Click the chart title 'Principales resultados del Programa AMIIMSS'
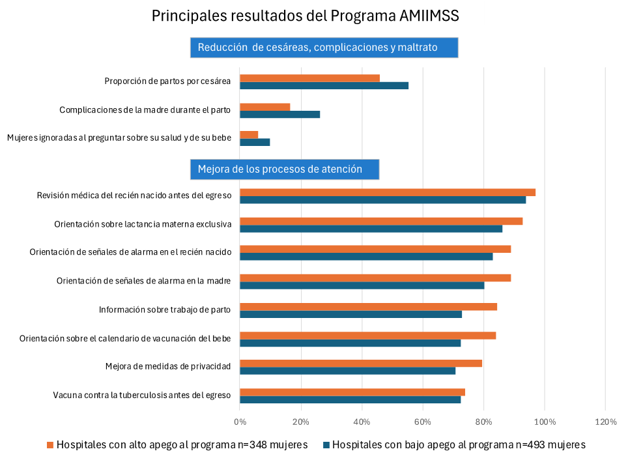click(314, 15)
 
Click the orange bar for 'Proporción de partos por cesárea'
click(309, 78)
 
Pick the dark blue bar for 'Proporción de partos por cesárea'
click(324, 85)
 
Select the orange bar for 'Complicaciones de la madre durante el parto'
click(264, 107)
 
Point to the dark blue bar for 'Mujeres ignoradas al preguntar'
click(255, 142)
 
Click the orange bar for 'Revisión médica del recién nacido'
click(388, 192)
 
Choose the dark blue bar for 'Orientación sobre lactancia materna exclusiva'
click(371, 228)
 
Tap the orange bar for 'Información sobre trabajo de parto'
click(368, 306)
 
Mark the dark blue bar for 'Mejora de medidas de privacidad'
click(347, 371)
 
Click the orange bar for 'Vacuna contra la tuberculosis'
click(352, 392)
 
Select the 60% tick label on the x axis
click(423, 422)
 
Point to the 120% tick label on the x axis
click(606, 422)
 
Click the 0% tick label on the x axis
click(240, 422)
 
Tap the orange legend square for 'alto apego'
click(50, 445)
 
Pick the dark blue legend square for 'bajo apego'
click(326, 445)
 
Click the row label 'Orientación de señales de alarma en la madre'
click(144, 281)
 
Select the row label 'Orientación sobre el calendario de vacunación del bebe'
click(125, 338)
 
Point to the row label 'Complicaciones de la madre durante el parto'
click(145, 110)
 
